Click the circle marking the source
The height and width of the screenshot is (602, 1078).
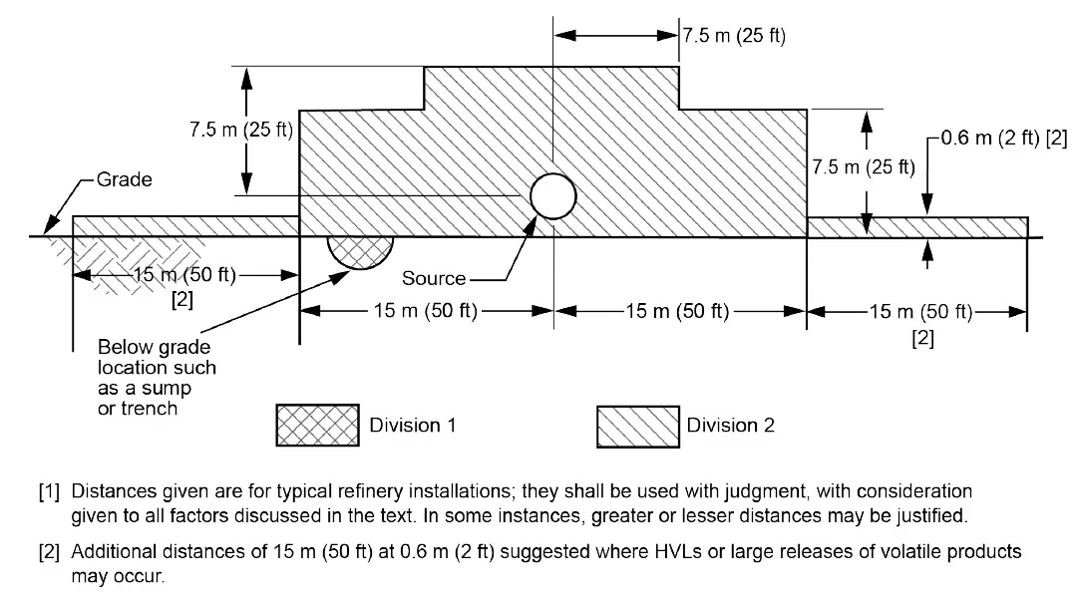(x=552, y=195)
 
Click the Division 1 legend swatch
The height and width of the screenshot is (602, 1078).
(x=316, y=426)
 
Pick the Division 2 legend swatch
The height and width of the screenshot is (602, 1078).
(x=637, y=426)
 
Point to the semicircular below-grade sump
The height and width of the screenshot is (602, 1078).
(x=360, y=251)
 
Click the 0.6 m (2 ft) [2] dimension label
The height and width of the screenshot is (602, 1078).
(x=1003, y=138)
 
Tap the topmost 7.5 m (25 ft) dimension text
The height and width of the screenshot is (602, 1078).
(x=734, y=37)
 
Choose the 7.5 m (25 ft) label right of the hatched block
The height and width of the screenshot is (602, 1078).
(x=863, y=166)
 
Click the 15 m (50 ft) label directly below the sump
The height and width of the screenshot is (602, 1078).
(x=427, y=312)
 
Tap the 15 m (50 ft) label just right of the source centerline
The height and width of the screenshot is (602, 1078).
(x=678, y=312)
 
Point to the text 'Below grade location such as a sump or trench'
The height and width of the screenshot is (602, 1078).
(x=157, y=378)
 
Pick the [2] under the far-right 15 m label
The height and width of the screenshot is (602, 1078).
(x=922, y=339)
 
